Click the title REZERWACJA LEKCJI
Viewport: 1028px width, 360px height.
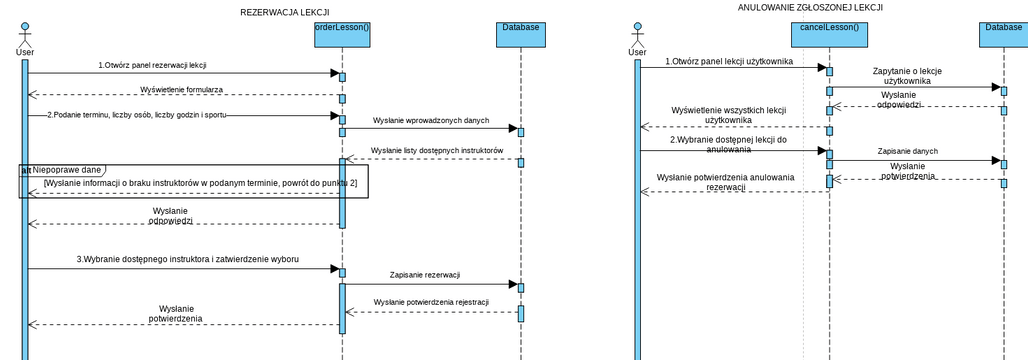(x=285, y=12)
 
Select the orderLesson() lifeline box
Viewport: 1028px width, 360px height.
(x=342, y=35)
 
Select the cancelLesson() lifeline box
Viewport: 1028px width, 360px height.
(x=829, y=35)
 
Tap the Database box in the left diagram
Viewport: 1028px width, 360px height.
(x=521, y=35)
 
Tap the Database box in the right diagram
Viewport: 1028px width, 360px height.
(x=1003, y=35)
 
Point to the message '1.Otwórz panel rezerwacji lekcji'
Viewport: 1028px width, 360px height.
(x=152, y=65)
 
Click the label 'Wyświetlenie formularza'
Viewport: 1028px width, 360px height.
(x=182, y=89)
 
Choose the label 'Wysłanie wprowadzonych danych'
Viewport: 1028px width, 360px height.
(x=431, y=120)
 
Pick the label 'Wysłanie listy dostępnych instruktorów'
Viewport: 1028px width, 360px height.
(x=436, y=151)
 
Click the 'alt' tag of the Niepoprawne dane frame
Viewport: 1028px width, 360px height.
(x=26, y=170)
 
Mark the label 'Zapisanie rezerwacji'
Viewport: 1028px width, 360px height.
(x=424, y=275)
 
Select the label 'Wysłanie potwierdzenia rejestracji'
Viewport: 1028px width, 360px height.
(x=431, y=302)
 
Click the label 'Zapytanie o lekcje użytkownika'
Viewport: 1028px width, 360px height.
(x=907, y=76)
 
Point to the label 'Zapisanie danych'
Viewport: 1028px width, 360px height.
(x=908, y=151)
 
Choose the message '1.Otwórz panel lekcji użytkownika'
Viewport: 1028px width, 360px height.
(x=729, y=61)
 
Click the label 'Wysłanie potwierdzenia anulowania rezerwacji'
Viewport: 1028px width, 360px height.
(x=726, y=182)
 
